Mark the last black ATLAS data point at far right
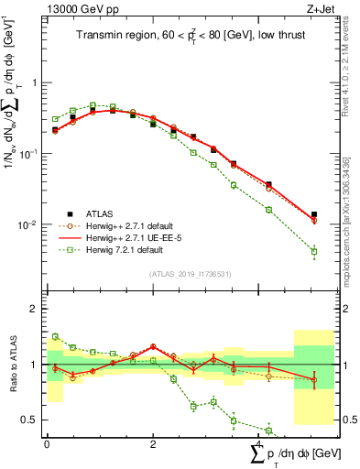(314, 214)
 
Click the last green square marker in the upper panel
(314, 251)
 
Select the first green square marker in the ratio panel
(55, 336)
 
